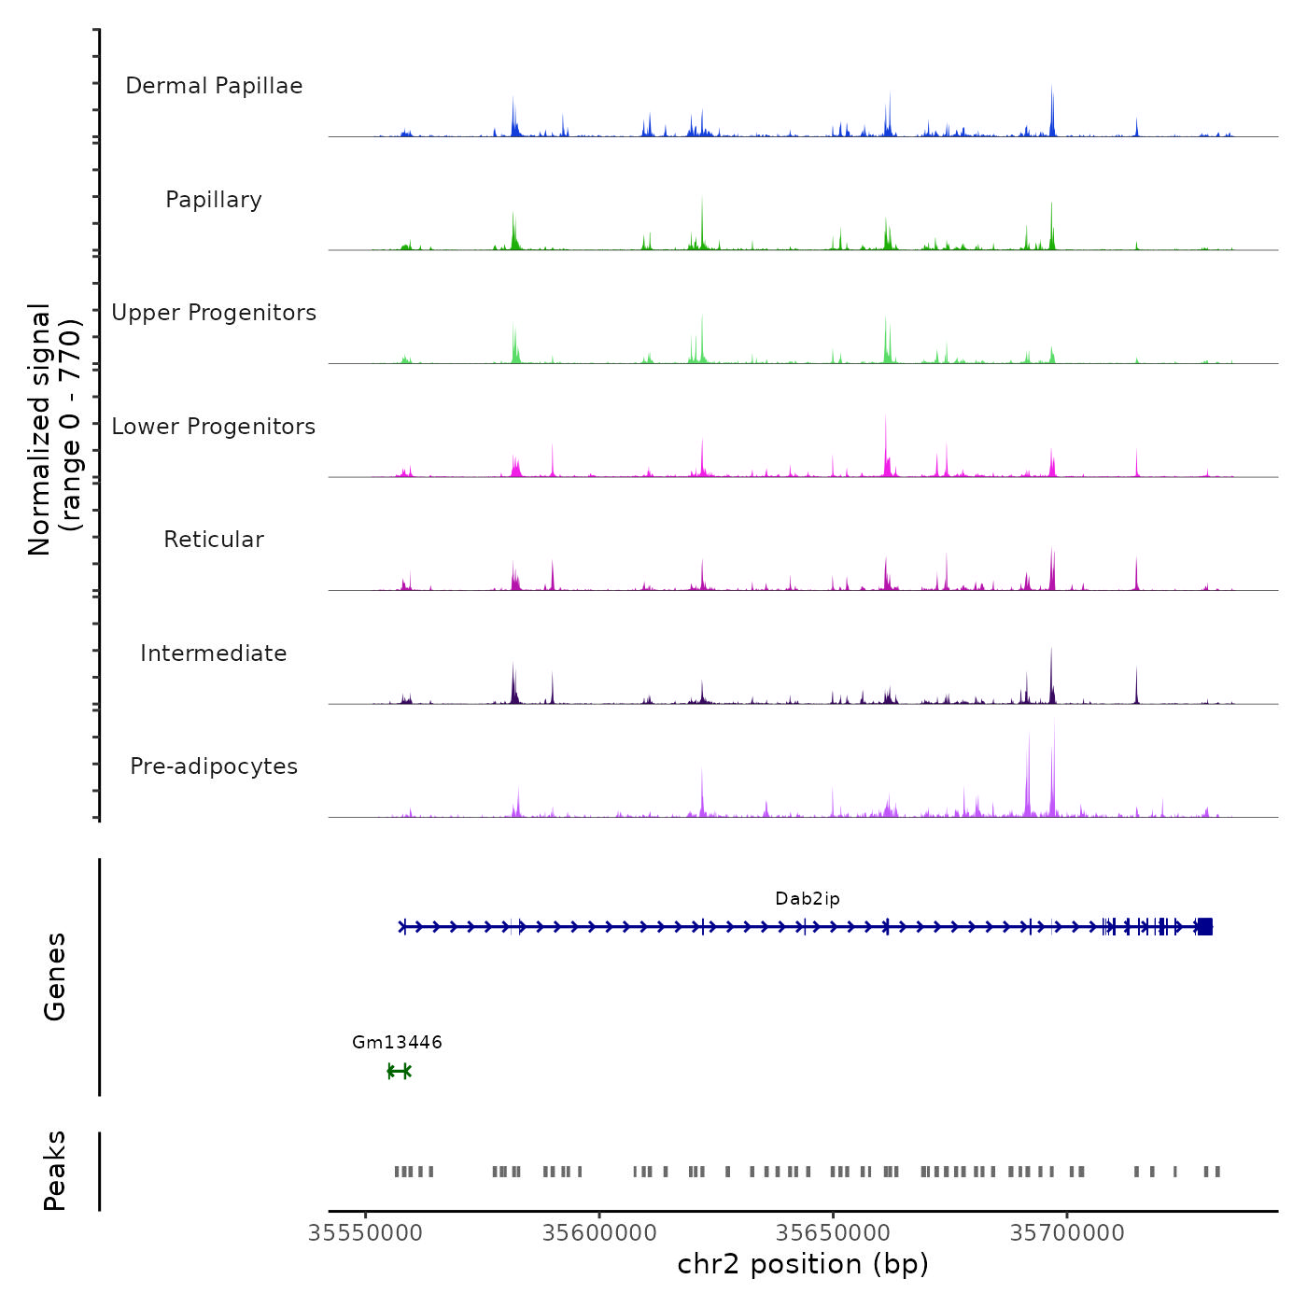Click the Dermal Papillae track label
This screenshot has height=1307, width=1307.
[214, 86]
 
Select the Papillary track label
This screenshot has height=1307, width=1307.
[214, 200]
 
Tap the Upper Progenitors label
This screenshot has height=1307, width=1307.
[214, 313]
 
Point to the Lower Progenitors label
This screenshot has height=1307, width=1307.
[214, 427]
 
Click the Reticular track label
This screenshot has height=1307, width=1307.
[214, 540]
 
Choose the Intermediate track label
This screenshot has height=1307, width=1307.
[214, 653]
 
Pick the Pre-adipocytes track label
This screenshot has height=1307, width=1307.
[214, 766]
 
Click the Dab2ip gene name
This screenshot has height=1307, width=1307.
[808, 899]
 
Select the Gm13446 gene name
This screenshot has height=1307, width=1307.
[397, 1042]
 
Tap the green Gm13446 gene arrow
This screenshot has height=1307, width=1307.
[399, 1071]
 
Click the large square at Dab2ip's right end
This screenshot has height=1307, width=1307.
[1205, 926]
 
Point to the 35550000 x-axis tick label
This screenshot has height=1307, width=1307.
[365, 1233]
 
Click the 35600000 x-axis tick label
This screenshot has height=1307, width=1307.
[599, 1233]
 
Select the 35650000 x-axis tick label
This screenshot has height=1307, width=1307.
[834, 1233]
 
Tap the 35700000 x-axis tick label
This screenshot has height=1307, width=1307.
[1067, 1233]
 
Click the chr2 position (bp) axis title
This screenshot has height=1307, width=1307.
[803, 1264]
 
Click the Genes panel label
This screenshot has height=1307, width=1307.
[55, 977]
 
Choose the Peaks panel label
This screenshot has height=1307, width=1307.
[55, 1171]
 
